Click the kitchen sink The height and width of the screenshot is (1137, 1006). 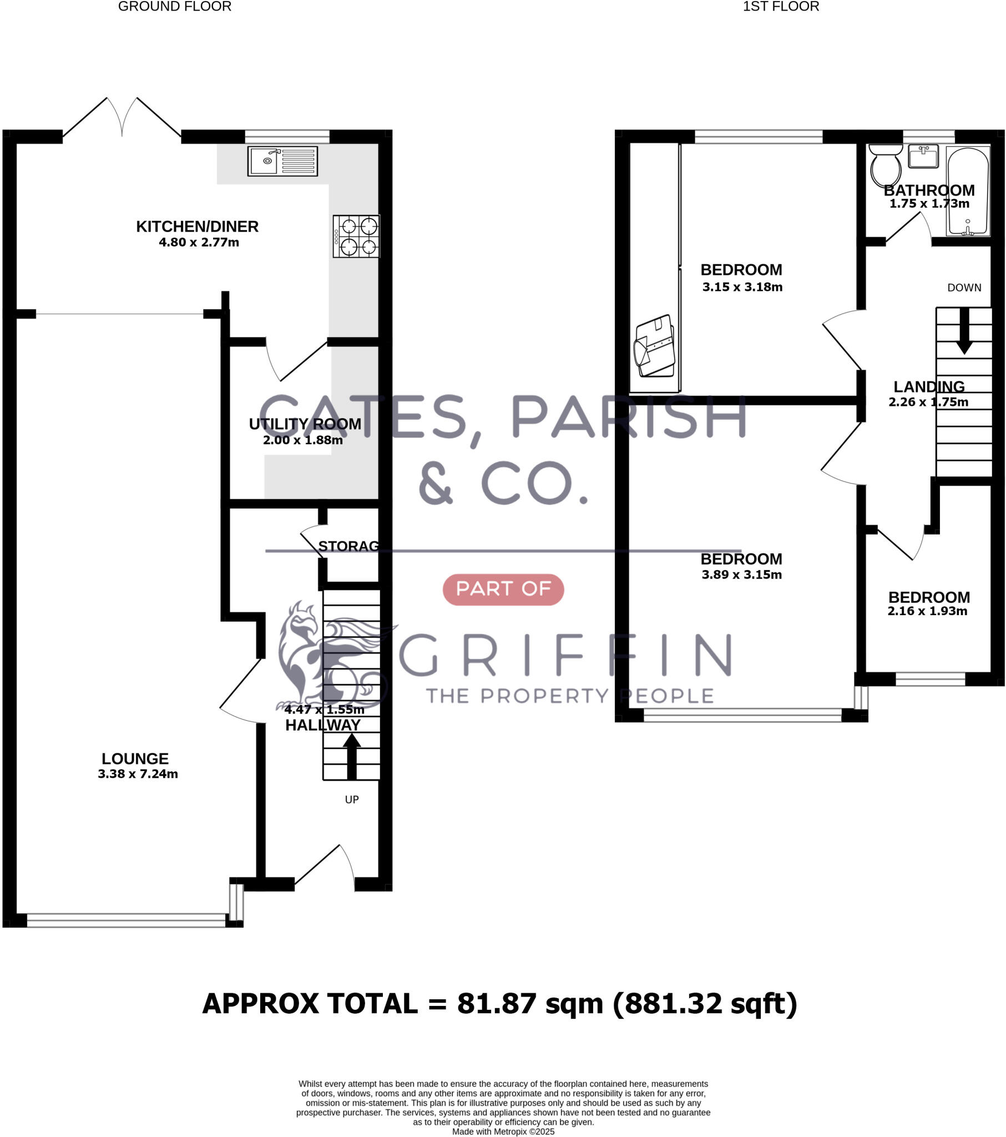coord(282,162)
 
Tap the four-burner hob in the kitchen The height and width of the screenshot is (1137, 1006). coord(356,236)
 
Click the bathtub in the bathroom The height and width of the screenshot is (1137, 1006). coord(968,190)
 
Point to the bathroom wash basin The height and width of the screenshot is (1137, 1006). coord(923,156)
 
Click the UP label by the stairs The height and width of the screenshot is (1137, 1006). coord(351,799)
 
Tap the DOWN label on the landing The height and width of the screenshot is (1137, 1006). coord(964,288)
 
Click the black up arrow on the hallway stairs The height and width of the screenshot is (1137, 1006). coord(351,757)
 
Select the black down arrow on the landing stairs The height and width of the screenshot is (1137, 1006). coord(964,331)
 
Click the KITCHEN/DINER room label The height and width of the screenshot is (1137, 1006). coord(198,227)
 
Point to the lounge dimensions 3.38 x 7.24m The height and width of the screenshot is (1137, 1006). coord(138,774)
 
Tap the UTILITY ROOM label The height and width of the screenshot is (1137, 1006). coord(305,424)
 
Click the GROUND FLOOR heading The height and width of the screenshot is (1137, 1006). coord(175,7)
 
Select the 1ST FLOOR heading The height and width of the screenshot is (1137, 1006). coord(781,7)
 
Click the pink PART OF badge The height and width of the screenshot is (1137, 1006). coord(503,589)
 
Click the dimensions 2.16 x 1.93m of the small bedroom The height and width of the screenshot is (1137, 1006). coord(927,611)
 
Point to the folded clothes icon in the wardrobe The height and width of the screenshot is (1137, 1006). coord(655,346)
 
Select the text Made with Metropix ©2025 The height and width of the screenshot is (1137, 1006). coord(503,1131)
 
